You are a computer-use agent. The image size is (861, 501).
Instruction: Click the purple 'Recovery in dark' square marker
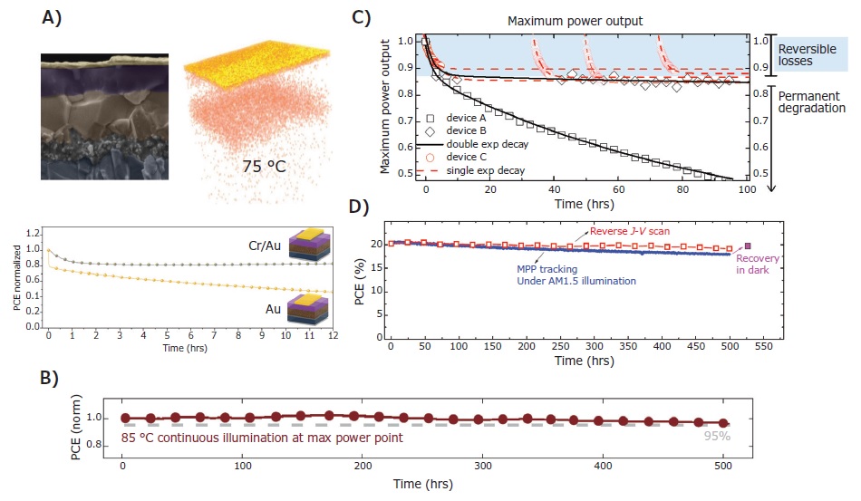pos(748,246)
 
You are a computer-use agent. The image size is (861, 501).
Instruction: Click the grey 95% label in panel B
pos(718,436)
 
